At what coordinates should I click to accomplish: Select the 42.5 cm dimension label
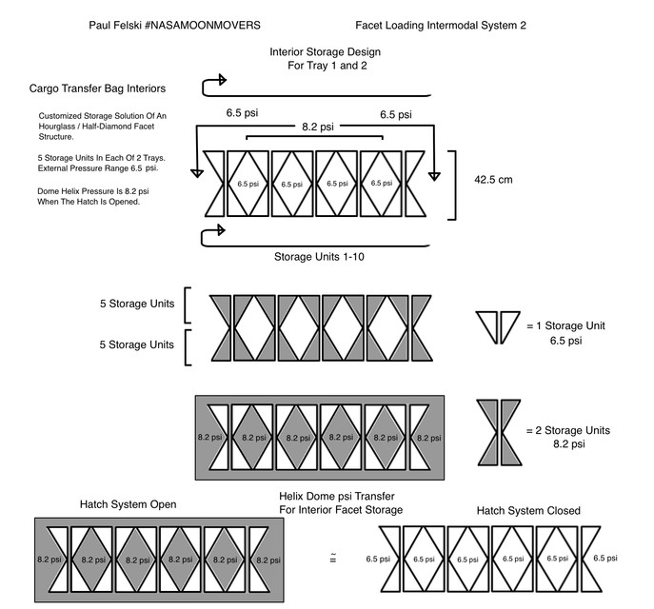(x=498, y=179)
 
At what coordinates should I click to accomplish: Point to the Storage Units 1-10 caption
(x=321, y=256)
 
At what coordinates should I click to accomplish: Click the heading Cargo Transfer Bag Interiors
(x=98, y=88)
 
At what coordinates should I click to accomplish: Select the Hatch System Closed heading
(x=528, y=511)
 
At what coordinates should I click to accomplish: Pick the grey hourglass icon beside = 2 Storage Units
(x=498, y=431)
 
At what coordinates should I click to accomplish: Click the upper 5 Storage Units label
(x=137, y=305)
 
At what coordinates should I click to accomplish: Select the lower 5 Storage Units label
(x=137, y=344)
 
